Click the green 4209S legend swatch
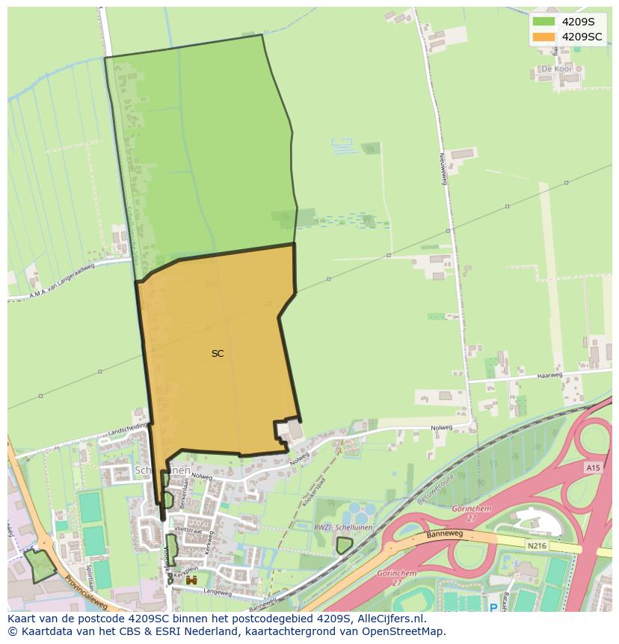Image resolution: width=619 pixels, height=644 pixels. pos(543,22)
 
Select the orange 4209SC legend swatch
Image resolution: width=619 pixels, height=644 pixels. pos(543,37)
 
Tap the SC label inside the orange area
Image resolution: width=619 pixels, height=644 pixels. pos(218,354)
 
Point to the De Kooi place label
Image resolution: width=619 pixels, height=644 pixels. pos(556,69)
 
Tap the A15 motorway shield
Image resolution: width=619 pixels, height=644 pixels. pos(593,467)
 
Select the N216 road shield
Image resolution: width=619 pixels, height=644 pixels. pos(536,546)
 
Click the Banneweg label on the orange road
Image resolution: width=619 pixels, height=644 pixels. pos(446,535)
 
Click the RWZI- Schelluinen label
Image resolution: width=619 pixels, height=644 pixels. pos(333,527)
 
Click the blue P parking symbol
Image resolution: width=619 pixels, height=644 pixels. pos(493,608)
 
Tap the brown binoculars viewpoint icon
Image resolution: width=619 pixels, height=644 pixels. pos(191,580)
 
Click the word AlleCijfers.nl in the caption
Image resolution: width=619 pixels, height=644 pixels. pos(389,619)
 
